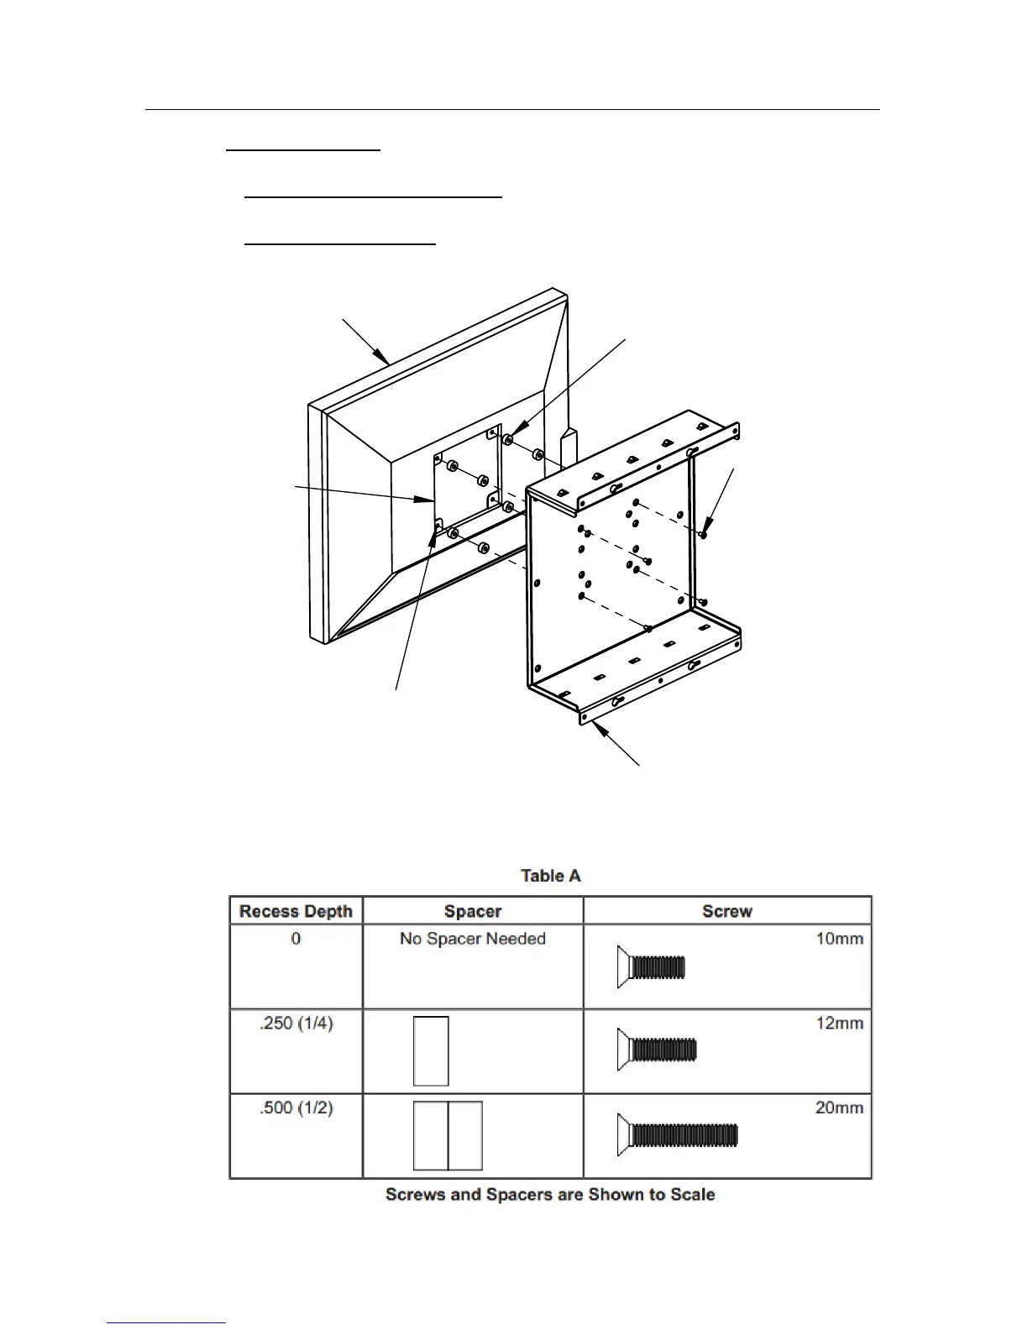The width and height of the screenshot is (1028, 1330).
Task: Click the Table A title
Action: [x=550, y=876]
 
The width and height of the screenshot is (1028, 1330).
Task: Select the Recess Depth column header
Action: [x=296, y=911]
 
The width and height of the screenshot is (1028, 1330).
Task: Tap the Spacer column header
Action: [x=473, y=911]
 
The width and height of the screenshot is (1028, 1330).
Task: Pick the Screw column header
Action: [x=726, y=911]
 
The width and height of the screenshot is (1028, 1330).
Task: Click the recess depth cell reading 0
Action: [x=296, y=939]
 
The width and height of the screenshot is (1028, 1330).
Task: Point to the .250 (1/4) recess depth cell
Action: [x=296, y=1024]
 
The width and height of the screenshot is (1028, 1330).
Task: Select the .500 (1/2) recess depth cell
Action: [x=296, y=1108]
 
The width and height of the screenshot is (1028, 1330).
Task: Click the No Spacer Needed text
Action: [x=473, y=939]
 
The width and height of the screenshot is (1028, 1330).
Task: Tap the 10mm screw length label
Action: [x=839, y=939]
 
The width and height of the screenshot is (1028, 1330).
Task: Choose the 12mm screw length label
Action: [x=839, y=1024]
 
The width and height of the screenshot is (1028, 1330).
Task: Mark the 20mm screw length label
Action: [x=839, y=1108]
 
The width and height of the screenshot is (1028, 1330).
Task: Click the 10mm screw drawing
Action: [x=651, y=967]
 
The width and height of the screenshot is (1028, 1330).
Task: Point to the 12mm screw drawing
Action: [x=657, y=1050]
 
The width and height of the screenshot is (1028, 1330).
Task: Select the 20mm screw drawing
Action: [x=677, y=1135]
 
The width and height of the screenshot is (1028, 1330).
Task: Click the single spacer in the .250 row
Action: [x=431, y=1051]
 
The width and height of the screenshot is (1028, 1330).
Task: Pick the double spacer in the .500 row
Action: [x=448, y=1136]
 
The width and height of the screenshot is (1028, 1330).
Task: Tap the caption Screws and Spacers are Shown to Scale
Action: [x=550, y=1194]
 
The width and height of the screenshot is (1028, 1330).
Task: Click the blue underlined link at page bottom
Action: [x=166, y=1322]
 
